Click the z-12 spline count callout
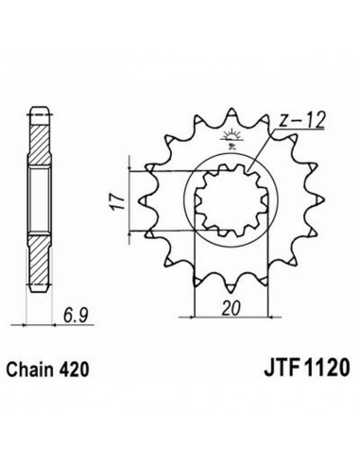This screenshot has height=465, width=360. (301, 120)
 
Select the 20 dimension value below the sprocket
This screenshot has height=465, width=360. (231, 308)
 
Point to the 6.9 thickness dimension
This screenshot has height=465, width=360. (75, 315)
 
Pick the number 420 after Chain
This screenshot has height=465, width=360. (74, 370)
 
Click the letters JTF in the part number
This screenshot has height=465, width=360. (282, 368)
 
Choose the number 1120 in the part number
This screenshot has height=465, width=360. (327, 368)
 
